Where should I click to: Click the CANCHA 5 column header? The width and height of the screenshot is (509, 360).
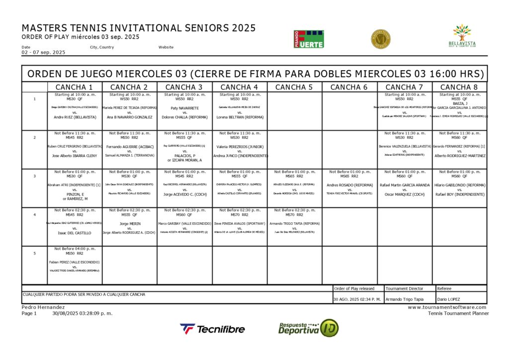(294, 88)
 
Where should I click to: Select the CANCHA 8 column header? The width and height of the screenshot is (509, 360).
(459, 88)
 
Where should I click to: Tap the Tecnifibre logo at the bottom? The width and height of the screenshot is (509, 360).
(212, 329)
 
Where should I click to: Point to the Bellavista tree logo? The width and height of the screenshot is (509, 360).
(462, 36)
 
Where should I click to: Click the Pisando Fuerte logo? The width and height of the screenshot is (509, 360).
(309, 39)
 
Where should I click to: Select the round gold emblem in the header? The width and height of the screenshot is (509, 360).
(381, 39)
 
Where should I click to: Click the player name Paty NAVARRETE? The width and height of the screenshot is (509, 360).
(184, 108)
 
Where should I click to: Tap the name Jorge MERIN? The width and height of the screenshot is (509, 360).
(130, 224)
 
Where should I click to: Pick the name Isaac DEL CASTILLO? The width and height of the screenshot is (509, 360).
(75, 233)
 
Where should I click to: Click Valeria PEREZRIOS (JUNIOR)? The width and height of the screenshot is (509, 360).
(240, 147)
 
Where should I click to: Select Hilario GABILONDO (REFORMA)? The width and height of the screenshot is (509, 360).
(460, 185)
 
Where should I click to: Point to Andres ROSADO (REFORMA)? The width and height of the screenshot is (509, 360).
(349, 185)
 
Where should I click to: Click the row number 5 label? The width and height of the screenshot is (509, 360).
(34, 254)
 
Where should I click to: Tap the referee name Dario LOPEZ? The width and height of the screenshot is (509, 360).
(449, 299)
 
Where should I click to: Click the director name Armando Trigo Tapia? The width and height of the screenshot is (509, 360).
(405, 299)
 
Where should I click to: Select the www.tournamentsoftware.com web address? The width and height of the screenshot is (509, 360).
(448, 307)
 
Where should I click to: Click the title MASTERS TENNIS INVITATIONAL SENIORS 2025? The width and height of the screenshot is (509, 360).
(139, 28)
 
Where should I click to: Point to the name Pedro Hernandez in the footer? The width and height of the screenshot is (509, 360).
(43, 307)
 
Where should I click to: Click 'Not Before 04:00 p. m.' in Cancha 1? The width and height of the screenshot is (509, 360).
(75, 249)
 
